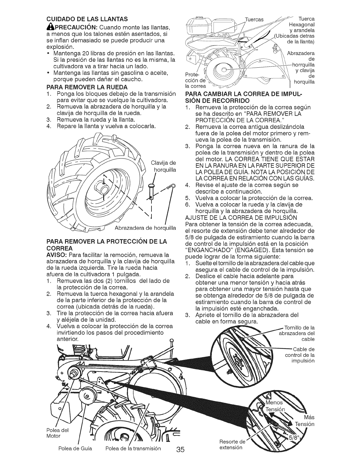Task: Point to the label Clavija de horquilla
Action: click(163, 167)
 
